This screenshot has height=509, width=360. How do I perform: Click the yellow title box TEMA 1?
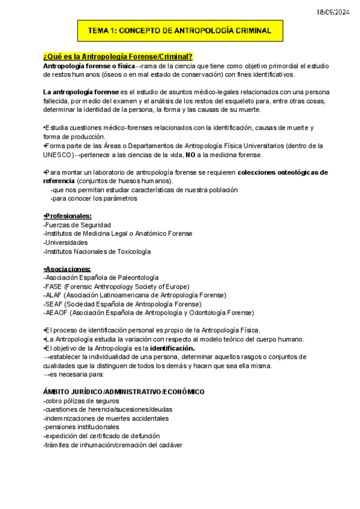(x=179, y=30)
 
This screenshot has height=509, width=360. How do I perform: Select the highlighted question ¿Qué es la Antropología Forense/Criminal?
(x=118, y=56)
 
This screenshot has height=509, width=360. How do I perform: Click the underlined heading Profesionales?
(x=68, y=216)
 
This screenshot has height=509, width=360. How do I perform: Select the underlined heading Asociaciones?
(x=67, y=269)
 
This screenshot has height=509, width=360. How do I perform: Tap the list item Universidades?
(x=66, y=242)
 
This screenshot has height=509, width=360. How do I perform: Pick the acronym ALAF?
(x=54, y=295)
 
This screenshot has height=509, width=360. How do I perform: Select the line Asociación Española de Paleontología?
(x=101, y=278)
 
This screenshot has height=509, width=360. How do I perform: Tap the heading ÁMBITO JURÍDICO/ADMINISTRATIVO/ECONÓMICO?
(x=124, y=392)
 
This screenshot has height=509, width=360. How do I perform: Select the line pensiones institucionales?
(x=81, y=427)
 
